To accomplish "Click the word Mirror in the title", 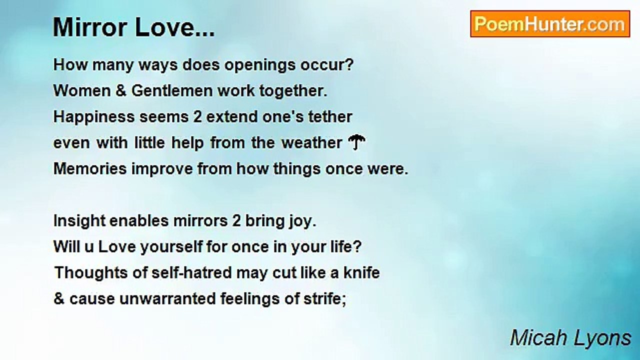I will pos(85,28).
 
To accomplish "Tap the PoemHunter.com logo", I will pos(549,24).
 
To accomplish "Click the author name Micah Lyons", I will pos(570,338).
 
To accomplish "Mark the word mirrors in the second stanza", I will pos(202,221).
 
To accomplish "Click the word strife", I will pos(325,299).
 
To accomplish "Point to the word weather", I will pos(311,143).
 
